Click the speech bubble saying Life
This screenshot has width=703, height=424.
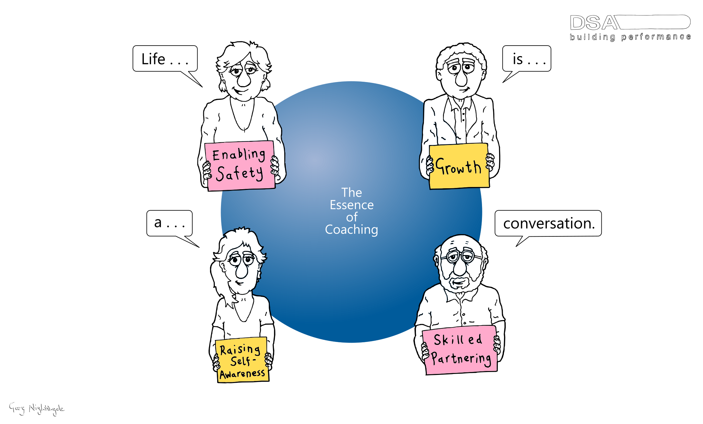point(165,59)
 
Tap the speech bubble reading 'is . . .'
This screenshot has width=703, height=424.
point(527,59)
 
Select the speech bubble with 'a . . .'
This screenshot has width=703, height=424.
point(169,223)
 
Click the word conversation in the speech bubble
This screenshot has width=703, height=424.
point(548,223)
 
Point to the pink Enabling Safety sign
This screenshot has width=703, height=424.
point(239,166)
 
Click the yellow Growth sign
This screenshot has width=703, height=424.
point(459,166)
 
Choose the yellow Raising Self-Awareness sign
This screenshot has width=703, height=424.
point(242,360)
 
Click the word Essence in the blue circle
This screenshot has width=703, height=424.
point(352,205)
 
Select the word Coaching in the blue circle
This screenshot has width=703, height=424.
point(352,230)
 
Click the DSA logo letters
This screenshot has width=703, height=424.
point(594,23)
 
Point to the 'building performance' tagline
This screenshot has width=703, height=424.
point(630,37)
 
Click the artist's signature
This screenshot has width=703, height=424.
point(36,408)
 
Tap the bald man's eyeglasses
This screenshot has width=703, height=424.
point(461,257)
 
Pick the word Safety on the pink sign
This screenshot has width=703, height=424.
point(239,173)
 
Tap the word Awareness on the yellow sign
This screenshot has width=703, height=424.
point(243,374)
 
